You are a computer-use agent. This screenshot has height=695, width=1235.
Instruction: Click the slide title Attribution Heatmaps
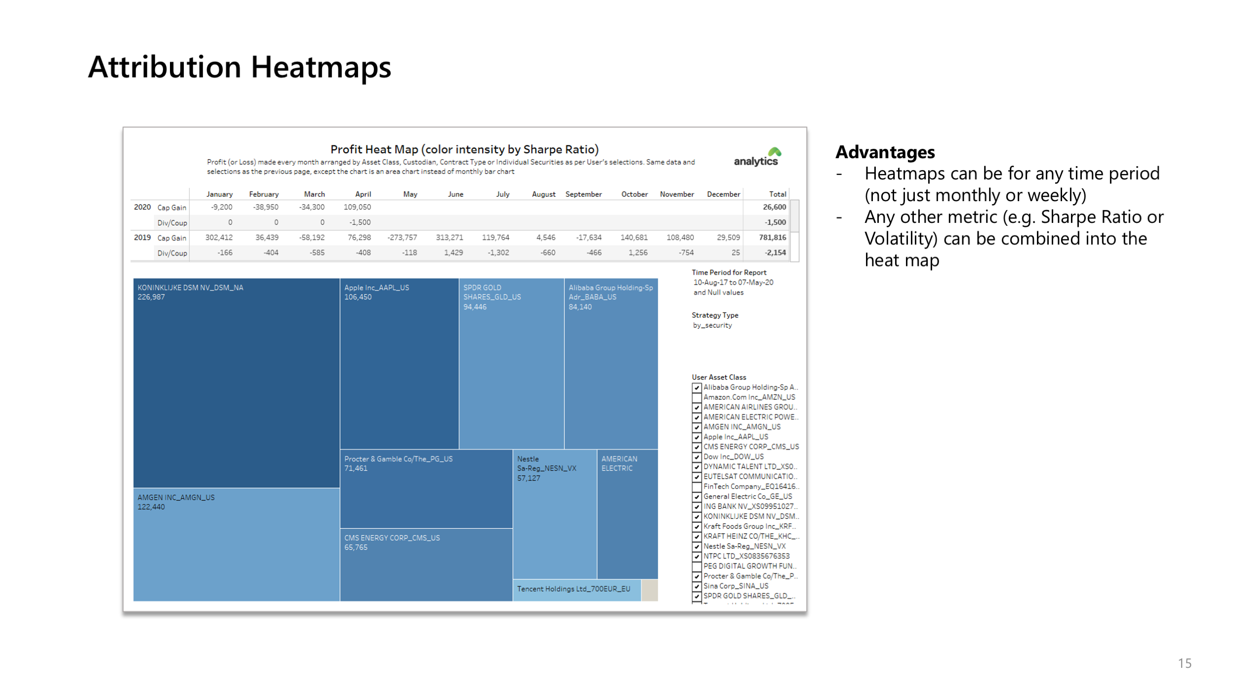tap(240, 67)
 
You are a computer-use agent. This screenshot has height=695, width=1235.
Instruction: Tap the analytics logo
tap(757, 158)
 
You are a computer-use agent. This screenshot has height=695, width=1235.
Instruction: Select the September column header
tap(583, 194)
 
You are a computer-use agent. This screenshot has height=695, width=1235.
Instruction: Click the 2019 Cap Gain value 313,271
tap(449, 238)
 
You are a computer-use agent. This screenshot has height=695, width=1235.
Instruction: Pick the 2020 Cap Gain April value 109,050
tap(357, 207)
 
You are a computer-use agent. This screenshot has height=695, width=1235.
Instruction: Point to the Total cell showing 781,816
tap(772, 238)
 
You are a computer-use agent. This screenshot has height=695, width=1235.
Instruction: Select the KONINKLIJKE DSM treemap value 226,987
tap(151, 297)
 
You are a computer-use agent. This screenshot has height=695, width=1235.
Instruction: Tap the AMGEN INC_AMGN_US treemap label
tap(176, 497)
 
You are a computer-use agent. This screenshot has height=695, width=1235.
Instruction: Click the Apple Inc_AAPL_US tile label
tap(376, 288)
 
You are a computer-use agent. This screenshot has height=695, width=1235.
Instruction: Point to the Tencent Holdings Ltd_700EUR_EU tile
tap(574, 589)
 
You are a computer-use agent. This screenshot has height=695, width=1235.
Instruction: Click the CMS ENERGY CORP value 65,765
tap(356, 548)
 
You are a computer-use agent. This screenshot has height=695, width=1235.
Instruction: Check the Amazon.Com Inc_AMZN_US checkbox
tap(697, 397)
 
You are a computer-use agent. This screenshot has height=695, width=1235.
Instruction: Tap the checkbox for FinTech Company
tap(697, 487)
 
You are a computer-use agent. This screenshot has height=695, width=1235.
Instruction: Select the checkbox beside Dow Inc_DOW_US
tap(697, 457)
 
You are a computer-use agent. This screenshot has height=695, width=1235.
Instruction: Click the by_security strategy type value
tap(712, 325)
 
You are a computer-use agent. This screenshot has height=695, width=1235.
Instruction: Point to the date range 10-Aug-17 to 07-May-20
tap(733, 283)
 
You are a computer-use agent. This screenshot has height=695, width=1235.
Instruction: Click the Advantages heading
tap(885, 152)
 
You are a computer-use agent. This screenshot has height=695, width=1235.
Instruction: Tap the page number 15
tap(1185, 663)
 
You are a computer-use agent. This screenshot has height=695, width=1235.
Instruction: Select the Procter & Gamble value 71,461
tap(356, 469)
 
